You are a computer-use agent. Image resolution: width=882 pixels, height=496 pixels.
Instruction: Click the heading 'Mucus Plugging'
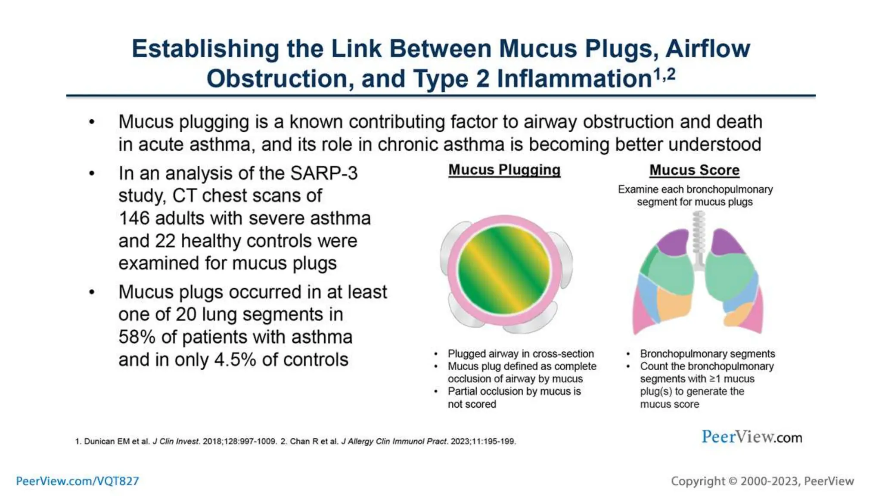point(504,170)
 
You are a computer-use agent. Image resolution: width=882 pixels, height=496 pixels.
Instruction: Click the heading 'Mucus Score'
point(694,170)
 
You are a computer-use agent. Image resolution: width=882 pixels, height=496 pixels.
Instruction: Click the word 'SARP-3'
point(324,174)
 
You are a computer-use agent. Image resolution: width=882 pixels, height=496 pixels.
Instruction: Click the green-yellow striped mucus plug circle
point(504,270)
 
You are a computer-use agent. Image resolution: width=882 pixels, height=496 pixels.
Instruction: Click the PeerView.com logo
point(752,437)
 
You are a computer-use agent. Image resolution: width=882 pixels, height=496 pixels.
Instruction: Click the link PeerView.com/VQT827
point(78,481)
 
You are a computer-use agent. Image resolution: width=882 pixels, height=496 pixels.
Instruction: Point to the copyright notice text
point(762,481)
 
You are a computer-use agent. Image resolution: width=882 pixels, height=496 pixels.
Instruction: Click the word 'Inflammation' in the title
point(574,79)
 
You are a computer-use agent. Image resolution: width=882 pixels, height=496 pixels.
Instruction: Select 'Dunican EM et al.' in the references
point(116,441)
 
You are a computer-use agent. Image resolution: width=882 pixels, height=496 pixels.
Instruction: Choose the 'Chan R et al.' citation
point(314,441)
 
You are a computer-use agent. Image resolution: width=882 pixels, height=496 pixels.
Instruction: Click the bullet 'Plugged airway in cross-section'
point(520,354)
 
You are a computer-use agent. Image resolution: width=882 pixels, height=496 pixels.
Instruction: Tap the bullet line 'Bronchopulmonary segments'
point(707,354)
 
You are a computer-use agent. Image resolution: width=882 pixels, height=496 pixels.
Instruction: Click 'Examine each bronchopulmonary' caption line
point(695,189)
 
